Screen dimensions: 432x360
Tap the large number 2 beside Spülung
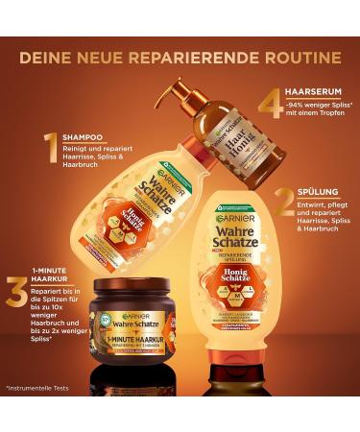tap(284, 201)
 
